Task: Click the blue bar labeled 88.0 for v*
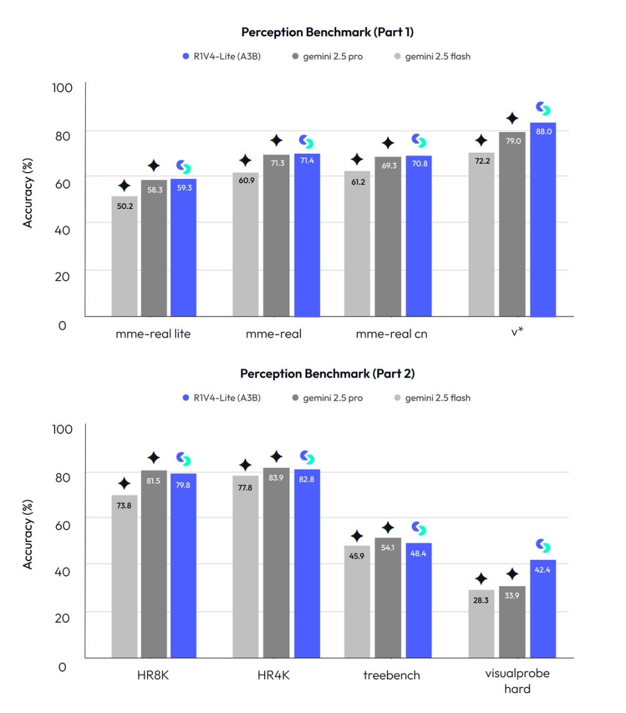click(x=543, y=219)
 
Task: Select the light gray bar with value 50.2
click(x=125, y=256)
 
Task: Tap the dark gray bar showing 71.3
click(x=276, y=235)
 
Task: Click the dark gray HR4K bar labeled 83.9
click(x=276, y=562)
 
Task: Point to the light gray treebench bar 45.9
click(x=357, y=601)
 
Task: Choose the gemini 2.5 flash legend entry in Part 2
click(x=432, y=398)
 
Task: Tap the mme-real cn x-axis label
click(x=391, y=333)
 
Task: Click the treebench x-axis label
click(x=391, y=675)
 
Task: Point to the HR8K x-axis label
click(x=153, y=675)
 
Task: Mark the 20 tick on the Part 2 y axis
click(x=61, y=616)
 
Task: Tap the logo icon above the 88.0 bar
click(x=543, y=109)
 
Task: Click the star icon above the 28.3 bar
click(x=481, y=579)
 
